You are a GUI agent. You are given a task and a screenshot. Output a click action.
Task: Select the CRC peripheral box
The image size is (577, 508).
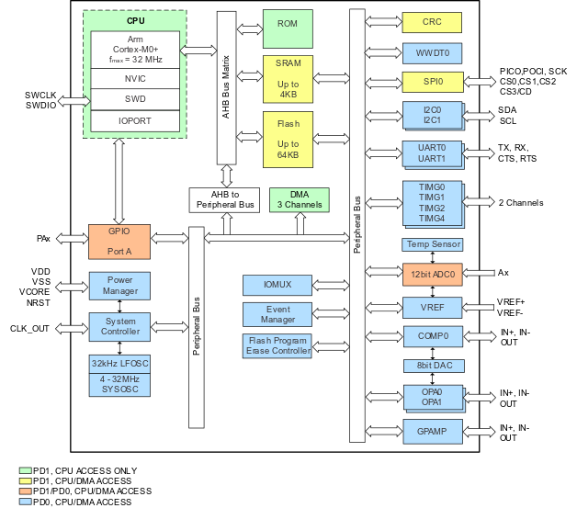[x=432, y=22]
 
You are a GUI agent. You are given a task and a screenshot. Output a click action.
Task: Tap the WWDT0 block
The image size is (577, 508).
[x=432, y=52]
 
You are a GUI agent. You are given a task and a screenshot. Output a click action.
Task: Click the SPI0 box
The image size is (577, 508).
[x=432, y=83]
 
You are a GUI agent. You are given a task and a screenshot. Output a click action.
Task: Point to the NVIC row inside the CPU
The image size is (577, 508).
[x=134, y=78]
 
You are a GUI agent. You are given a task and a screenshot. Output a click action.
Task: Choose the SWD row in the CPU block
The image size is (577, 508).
[x=134, y=99]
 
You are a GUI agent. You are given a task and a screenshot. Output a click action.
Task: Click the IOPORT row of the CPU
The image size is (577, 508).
[x=134, y=120]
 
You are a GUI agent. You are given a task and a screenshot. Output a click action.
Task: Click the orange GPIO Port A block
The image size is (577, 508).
[x=119, y=241]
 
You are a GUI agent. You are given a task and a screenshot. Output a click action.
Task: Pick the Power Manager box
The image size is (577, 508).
[x=119, y=286]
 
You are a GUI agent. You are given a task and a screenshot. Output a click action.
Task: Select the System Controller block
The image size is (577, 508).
[x=119, y=326]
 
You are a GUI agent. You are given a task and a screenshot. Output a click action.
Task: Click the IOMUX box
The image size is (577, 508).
[x=277, y=285]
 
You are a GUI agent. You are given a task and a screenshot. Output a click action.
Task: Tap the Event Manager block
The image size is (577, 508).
[x=277, y=315]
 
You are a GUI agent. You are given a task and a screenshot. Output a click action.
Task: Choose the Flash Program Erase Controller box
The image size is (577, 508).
[x=277, y=345]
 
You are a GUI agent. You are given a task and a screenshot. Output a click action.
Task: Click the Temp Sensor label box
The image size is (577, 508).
[x=433, y=244]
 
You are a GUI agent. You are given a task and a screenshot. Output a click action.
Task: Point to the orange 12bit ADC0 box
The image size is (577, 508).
[x=432, y=274]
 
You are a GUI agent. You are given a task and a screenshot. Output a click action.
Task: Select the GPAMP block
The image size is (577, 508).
[x=432, y=431]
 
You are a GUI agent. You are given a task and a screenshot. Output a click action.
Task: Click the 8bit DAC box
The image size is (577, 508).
[x=433, y=366]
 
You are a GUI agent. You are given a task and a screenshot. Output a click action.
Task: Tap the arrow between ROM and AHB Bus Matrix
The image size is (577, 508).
[x=249, y=28]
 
